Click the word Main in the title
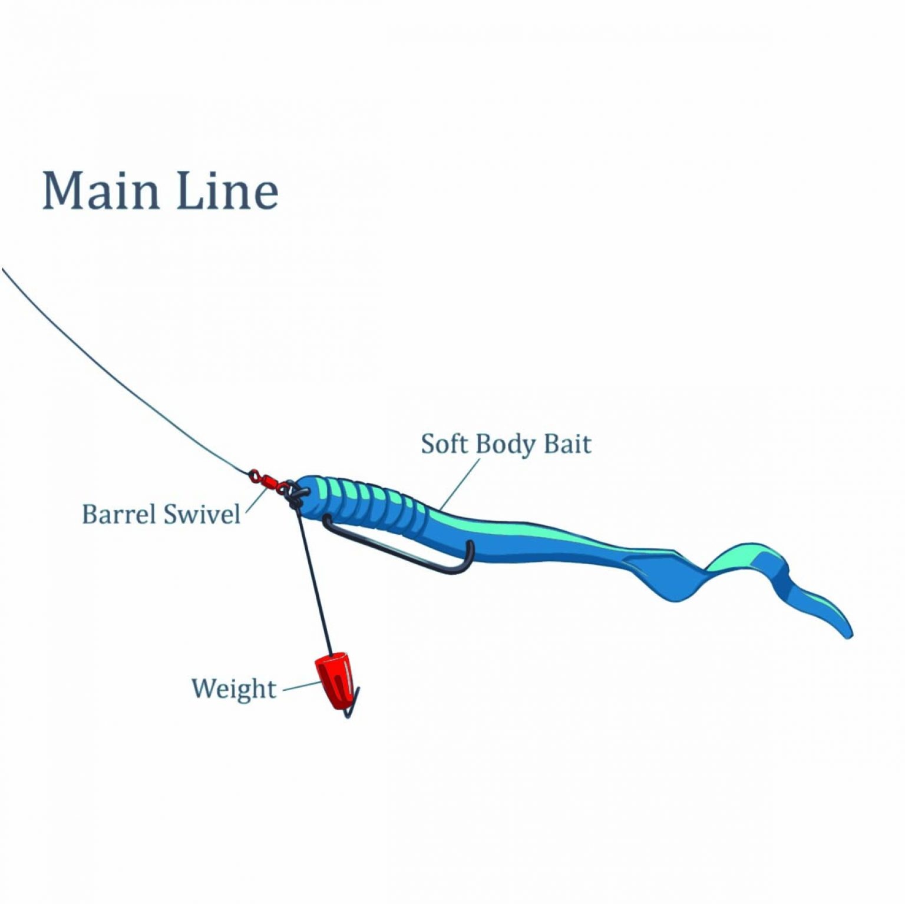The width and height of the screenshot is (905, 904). (x=101, y=191)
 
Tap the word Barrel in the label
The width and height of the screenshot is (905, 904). (x=118, y=514)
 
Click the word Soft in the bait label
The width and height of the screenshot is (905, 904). (x=444, y=444)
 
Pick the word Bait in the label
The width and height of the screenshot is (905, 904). (x=567, y=444)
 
